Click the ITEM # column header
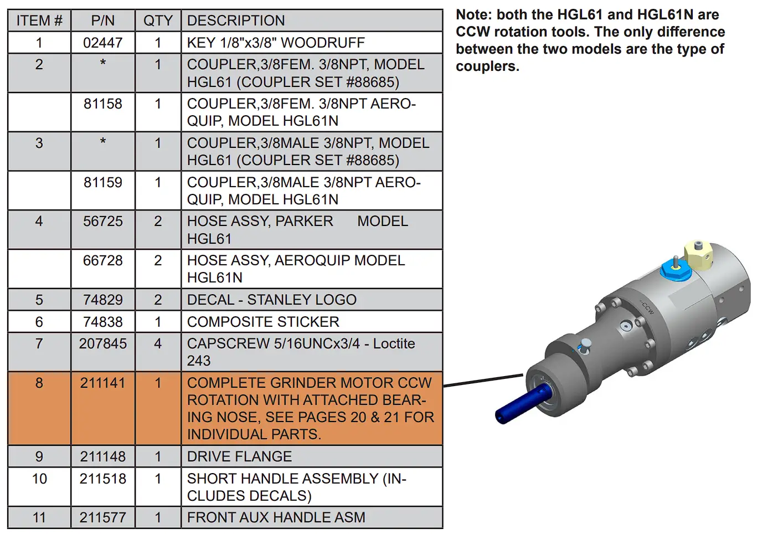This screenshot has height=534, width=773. [x=39, y=20]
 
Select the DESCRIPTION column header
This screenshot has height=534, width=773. [x=236, y=20]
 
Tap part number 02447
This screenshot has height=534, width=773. [x=102, y=43]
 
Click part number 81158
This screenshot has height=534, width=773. [x=102, y=104]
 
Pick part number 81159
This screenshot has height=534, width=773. [x=102, y=182]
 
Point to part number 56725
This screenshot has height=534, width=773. [x=102, y=221]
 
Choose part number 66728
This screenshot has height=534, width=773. [x=102, y=260]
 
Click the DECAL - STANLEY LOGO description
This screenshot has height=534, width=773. [x=271, y=300]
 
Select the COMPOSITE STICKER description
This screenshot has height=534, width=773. [x=263, y=322]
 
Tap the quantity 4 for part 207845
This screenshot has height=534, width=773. [x=158, y=343]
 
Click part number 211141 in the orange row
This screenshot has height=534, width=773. [x=102, y=383]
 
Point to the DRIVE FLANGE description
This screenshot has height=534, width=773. [x=239, y=456]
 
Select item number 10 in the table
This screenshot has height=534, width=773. [x=39, y=479]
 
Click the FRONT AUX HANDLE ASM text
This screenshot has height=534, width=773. [x=276, y=517]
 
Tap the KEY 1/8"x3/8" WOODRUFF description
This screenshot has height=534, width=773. [x=276, y=43]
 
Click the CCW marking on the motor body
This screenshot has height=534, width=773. [x=647, y=308]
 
